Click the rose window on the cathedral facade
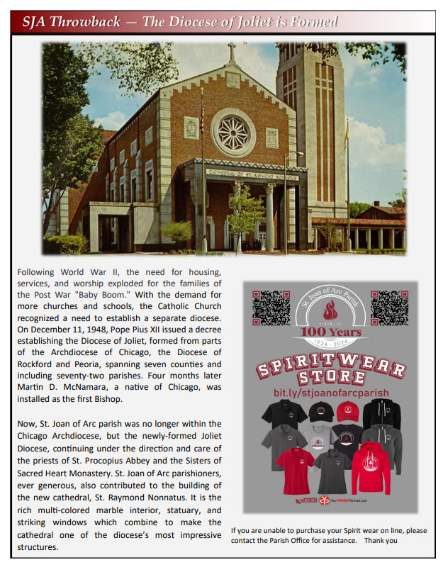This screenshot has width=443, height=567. pos(233,133)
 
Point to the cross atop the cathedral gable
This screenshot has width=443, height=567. pos(231,52)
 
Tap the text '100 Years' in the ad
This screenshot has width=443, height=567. pos(331,332)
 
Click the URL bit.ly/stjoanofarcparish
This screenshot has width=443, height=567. pos(331,392)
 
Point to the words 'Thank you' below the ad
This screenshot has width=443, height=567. pos(381,540)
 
